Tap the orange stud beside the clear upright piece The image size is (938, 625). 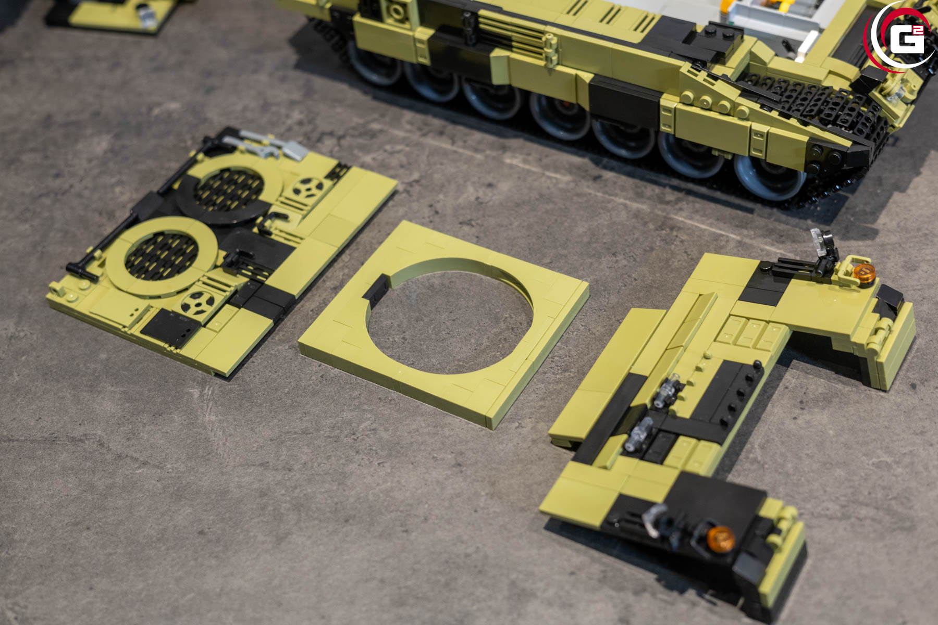pos(865,272)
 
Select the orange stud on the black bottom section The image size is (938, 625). pos(721,539)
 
